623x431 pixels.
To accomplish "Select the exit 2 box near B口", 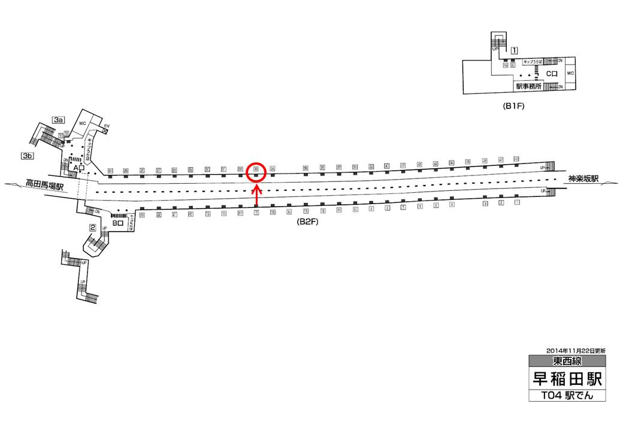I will point(93,227).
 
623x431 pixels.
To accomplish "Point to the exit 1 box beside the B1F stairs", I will point(514,50).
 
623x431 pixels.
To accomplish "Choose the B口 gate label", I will point(117,224).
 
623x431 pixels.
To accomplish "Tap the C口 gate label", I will point(552,74).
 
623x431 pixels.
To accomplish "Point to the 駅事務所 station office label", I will point(528,86).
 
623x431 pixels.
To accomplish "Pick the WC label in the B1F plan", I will point(570,74).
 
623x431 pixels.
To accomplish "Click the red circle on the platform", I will point(256,171).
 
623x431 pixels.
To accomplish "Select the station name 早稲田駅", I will point(566,379).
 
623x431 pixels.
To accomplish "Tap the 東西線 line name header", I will point(567,361).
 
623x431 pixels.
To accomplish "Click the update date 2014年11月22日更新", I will point(576,350).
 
